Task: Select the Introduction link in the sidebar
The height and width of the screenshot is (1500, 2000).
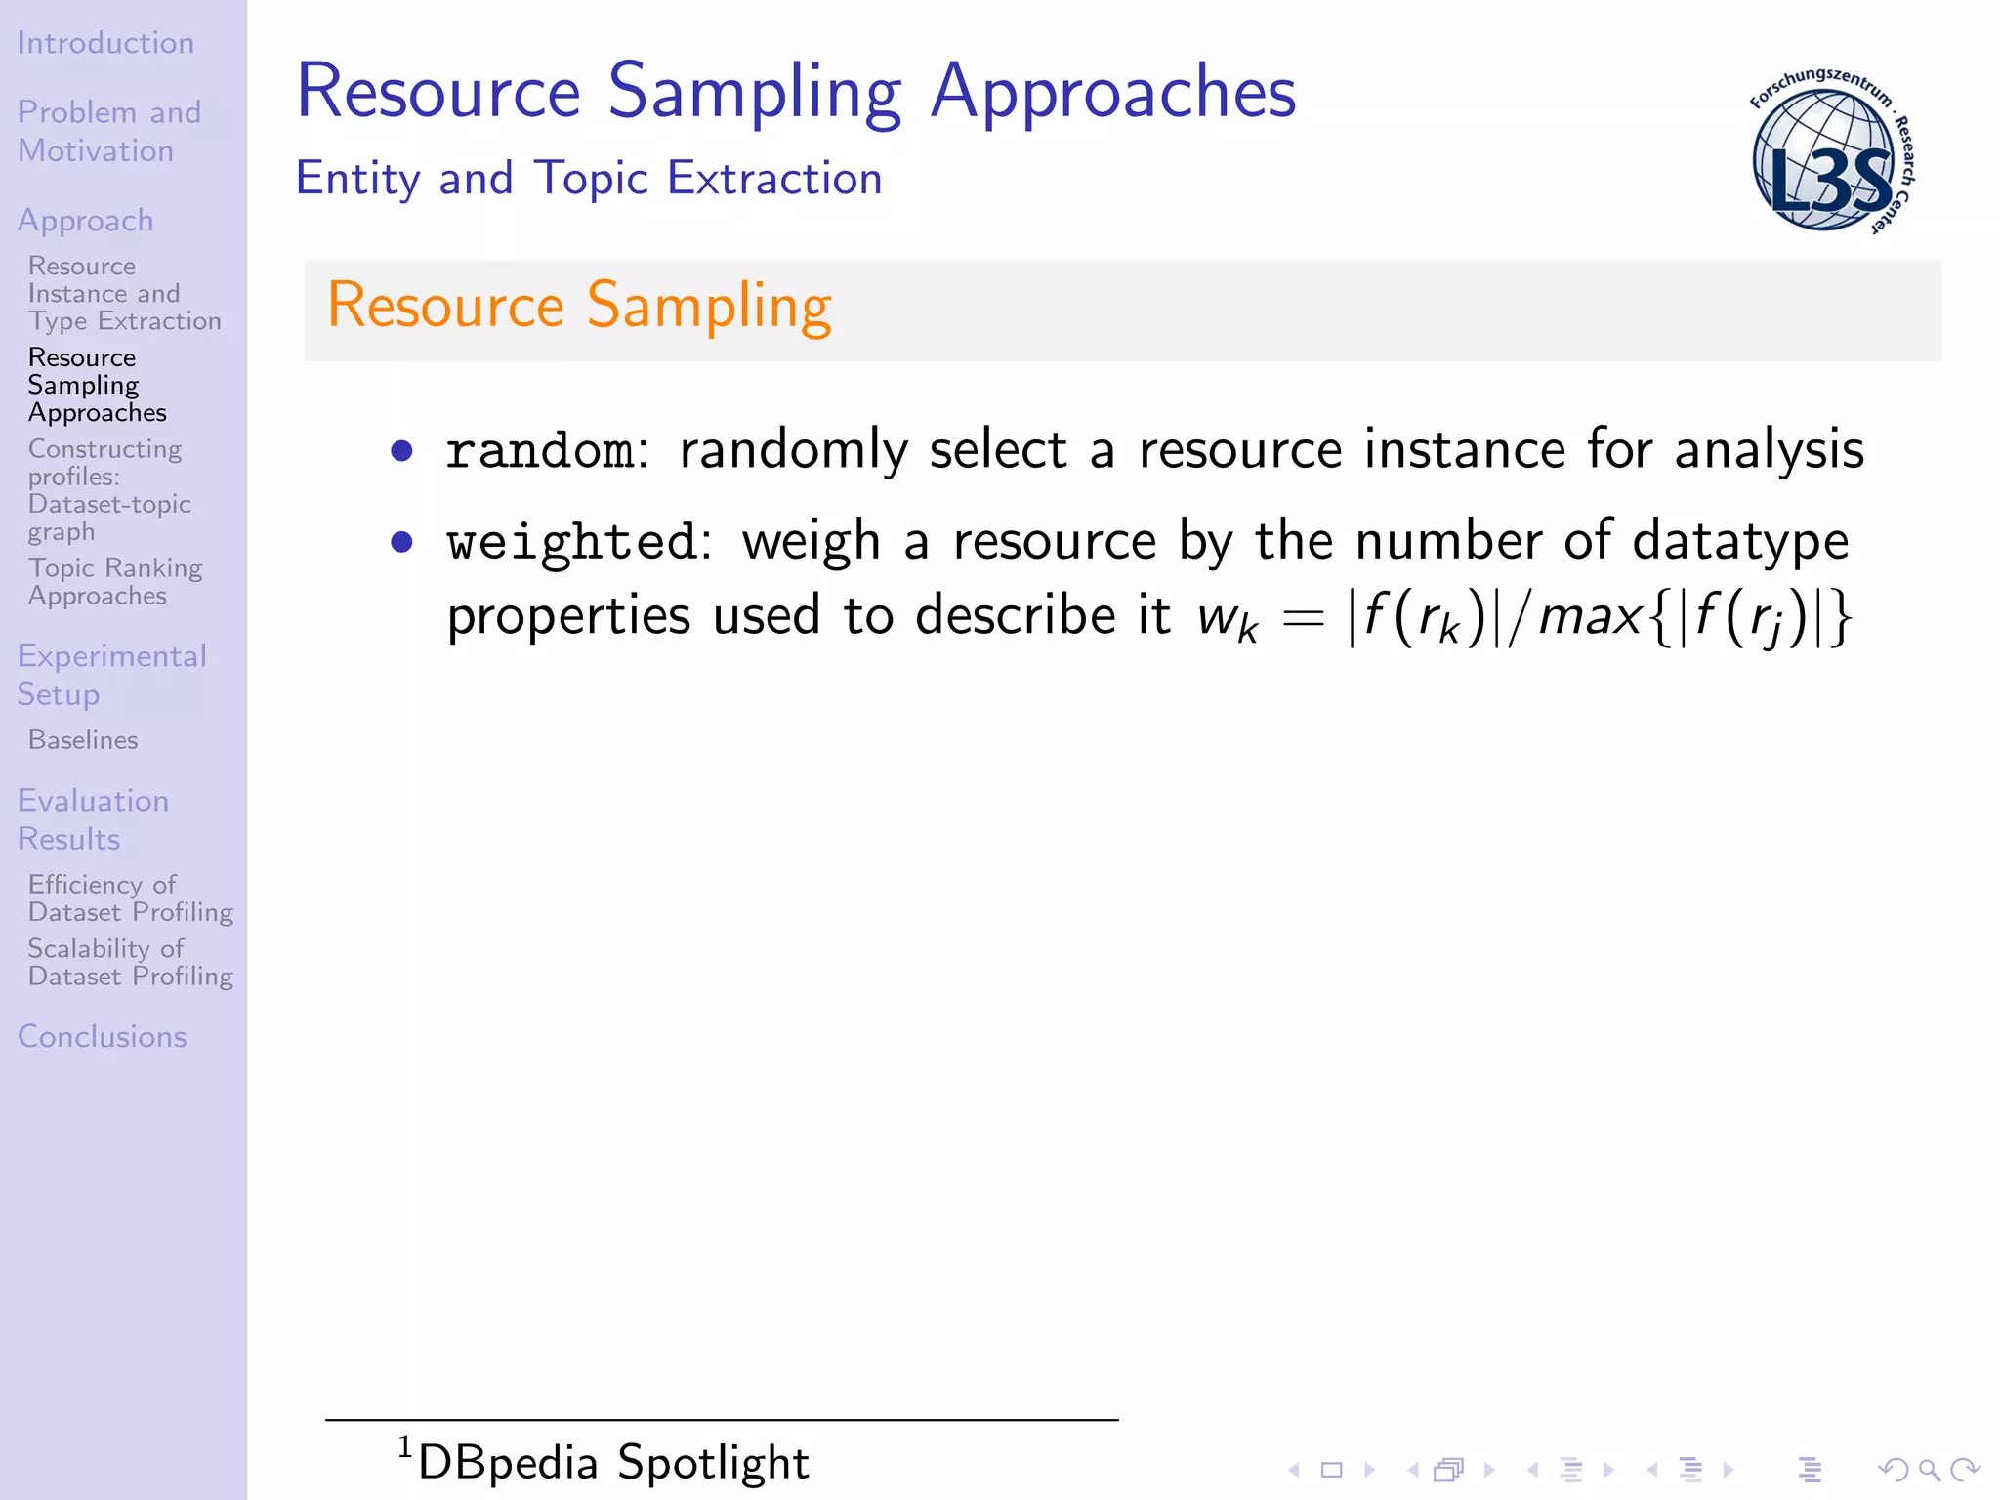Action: tap(105, 43)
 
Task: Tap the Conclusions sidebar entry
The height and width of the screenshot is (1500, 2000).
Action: tap(103, 1036)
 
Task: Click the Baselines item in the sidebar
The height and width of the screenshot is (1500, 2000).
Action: tap(83, 740)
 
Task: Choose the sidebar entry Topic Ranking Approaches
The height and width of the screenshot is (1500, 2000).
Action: tap(115, 581)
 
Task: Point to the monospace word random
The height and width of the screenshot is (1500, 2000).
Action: tap(540, 451)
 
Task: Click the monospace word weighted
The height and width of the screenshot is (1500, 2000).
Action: tap(571, 542)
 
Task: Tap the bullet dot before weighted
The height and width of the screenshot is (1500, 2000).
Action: tap(401, 542)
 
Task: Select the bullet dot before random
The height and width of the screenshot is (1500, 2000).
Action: tap(401, 450)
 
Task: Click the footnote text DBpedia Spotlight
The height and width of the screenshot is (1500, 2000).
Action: tap(613, 1463)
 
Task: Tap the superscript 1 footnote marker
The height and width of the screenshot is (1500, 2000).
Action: tap(404, 1447)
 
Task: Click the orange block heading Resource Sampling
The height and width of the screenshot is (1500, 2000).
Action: tap(579, 306)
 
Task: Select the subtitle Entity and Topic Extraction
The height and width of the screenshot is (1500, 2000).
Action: tap(589, 179)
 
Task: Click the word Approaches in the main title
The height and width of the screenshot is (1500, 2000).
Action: tap(1113, 93)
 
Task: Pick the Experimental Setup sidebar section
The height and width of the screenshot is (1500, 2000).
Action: tap(111, 675)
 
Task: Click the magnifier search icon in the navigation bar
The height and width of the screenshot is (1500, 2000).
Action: tap(1929, 1470)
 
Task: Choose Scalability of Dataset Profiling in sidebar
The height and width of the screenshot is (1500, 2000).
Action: tap(130, 962)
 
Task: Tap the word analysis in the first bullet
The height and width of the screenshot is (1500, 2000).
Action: tap(1769, 450)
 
